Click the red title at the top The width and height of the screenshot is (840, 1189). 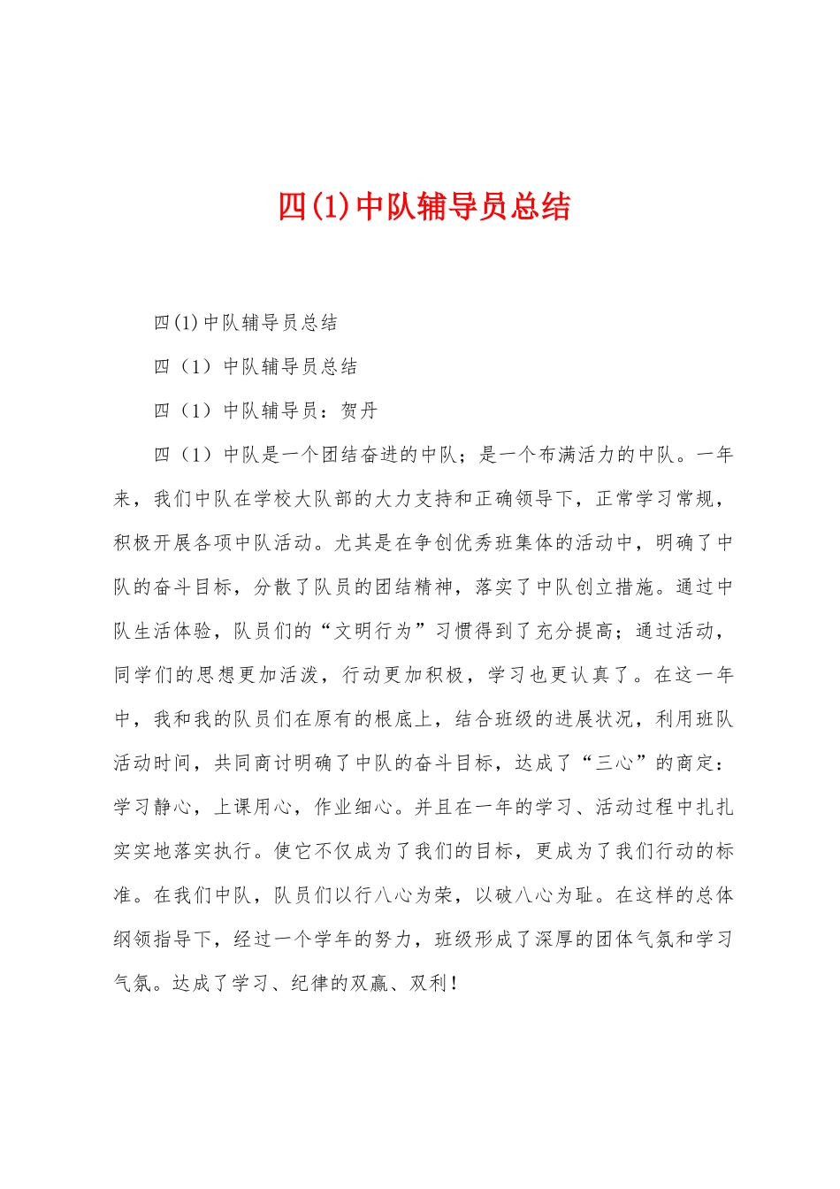424,206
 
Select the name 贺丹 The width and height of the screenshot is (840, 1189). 359,410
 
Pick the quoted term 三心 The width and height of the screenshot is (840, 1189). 615,763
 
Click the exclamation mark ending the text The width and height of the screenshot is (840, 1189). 454,983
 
